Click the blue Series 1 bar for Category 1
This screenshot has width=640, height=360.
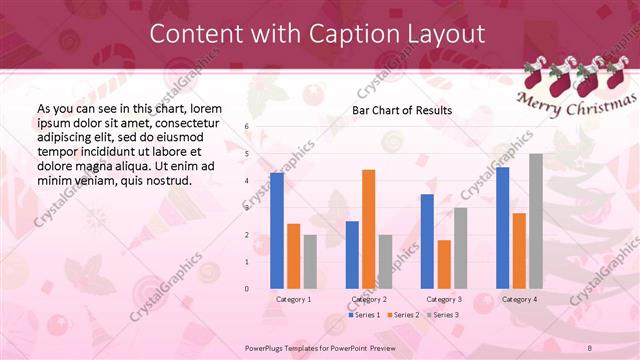pos(276,231)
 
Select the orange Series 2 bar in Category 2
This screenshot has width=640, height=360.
pos(368,229)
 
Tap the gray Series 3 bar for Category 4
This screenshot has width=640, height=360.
pos(536,221)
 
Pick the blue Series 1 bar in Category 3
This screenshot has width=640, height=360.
pos(427,241)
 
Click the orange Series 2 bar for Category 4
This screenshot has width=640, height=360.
pos(519,250)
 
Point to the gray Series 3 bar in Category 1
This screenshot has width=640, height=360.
pos(310,261)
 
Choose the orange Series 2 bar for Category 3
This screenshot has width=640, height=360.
pos(444,264)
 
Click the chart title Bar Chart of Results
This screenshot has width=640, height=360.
pos(402,110)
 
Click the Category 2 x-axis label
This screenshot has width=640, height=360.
pos(368,299)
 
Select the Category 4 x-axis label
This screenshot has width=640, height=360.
pos(519,299)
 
